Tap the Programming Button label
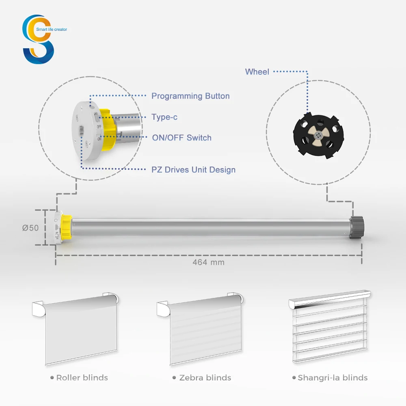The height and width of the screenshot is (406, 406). pos(190,96)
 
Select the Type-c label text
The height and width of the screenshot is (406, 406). pos(164,117)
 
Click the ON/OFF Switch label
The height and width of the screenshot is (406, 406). pos(181,138)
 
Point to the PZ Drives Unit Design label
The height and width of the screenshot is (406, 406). pos(193,170)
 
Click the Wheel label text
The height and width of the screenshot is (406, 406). pos(257,72)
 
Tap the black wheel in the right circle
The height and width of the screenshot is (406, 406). pos(318,134)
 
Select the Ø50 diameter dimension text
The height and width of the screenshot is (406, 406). pos(30,228)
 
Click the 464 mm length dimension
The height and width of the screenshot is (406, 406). pos(208,262)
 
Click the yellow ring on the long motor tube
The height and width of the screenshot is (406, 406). pos(67,228)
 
